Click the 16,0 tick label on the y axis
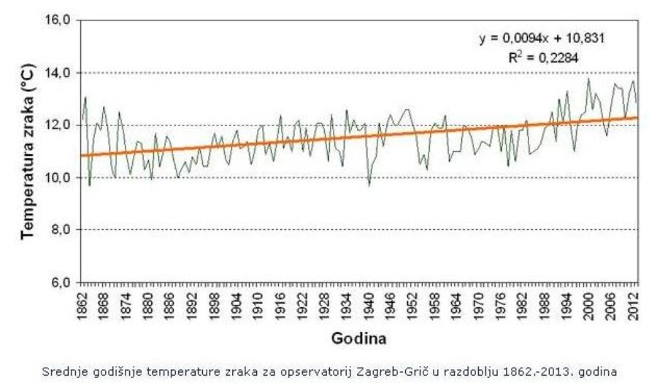59,20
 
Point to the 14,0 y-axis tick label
59,73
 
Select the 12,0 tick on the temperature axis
59,125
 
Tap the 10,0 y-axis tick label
59,178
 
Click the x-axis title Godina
358,339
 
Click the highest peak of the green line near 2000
589,79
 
